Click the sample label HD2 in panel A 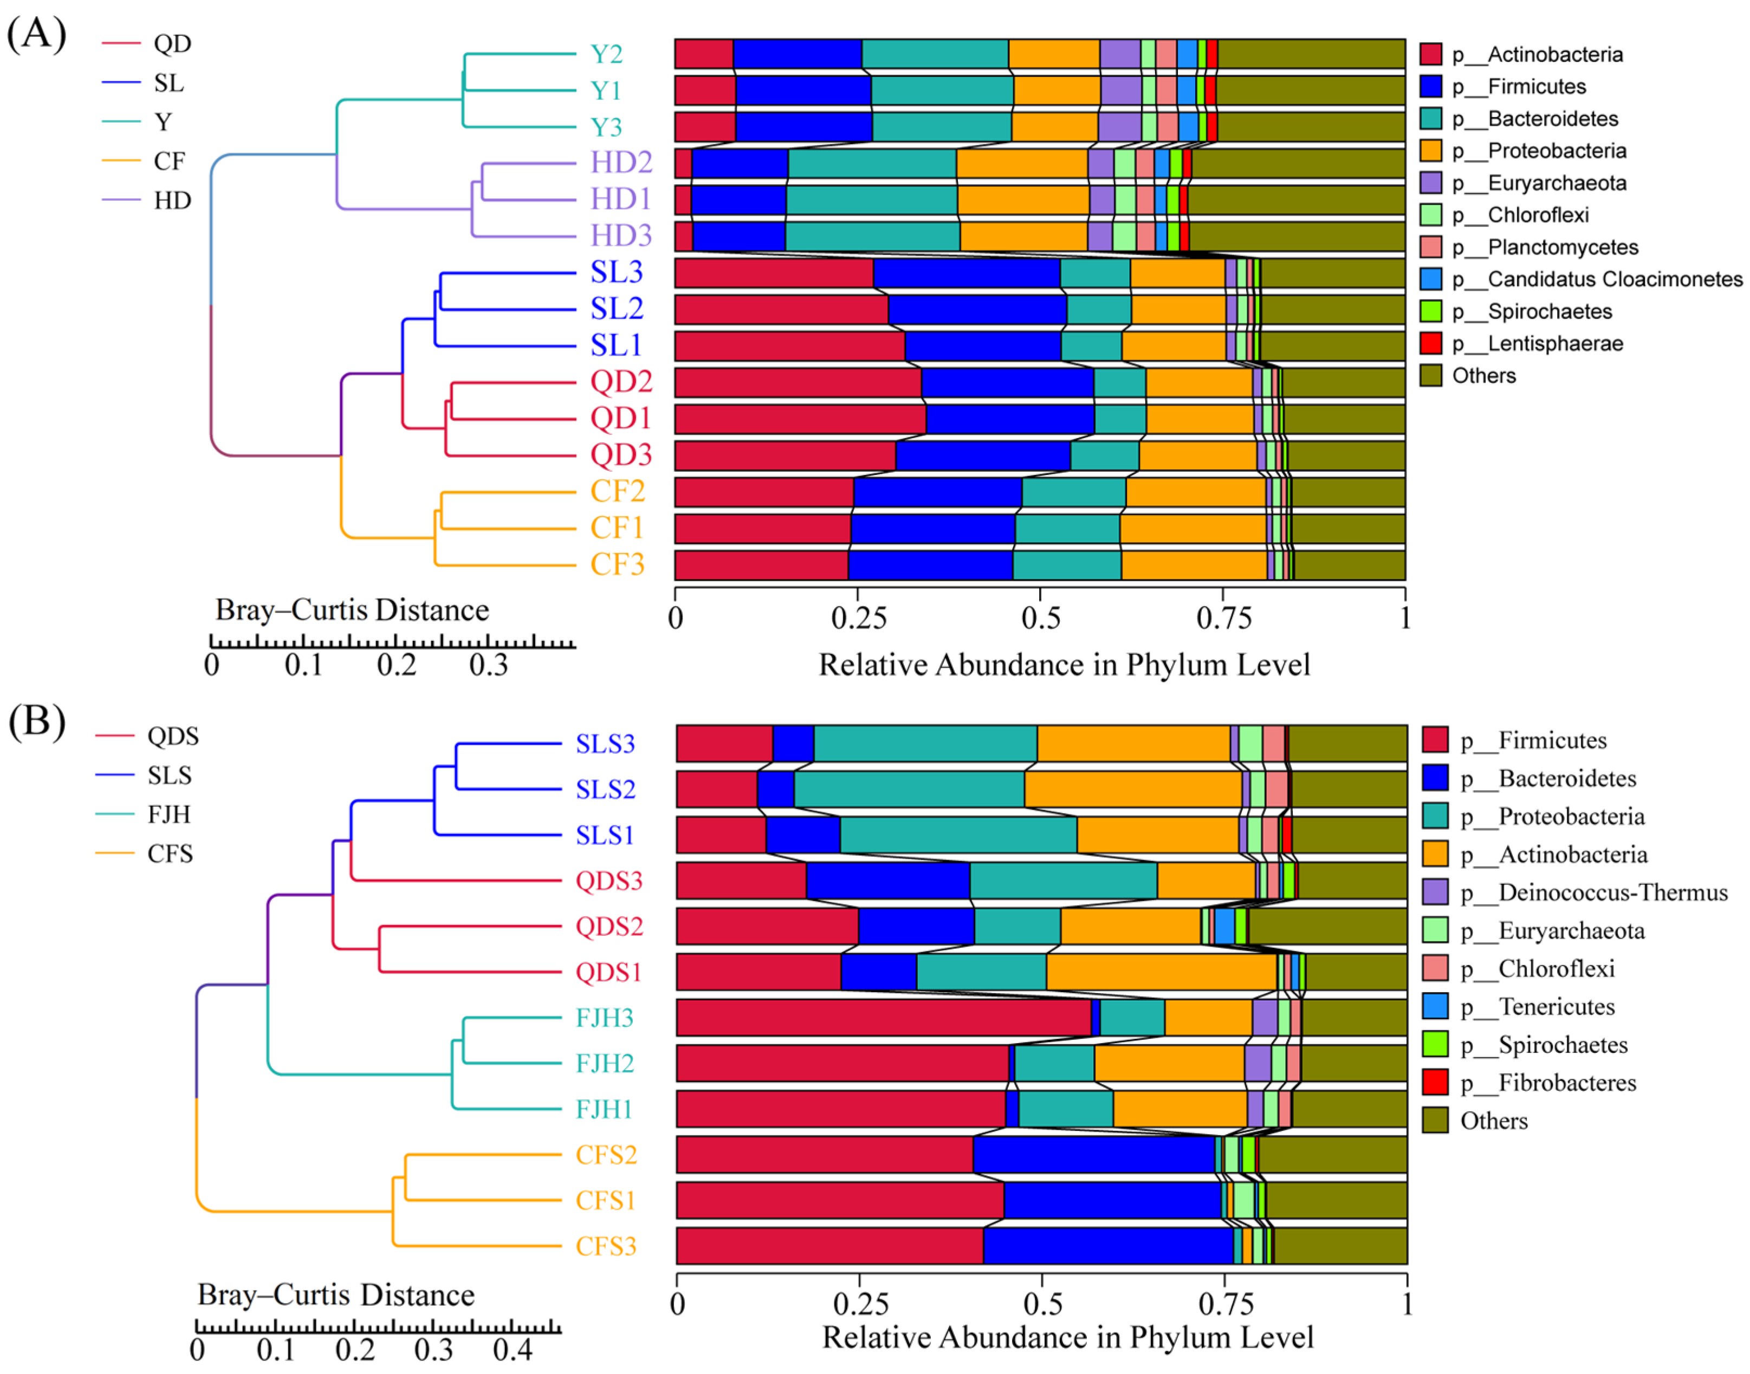620,162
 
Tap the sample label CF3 617,565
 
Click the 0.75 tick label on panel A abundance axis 1224,618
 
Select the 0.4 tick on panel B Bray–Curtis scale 513,1350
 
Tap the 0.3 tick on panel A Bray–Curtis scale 488,665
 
